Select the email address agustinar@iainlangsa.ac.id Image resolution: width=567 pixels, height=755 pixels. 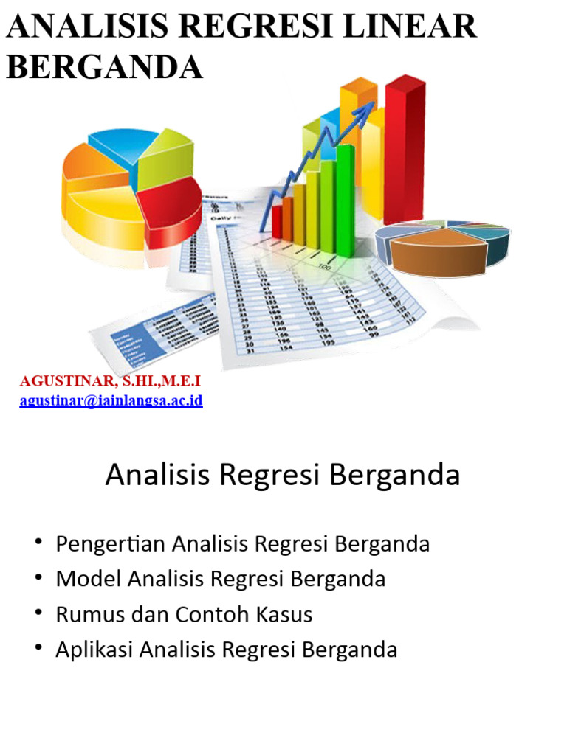[x=111, y=401]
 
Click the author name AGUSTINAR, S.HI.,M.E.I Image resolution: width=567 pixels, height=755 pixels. [x=109, y=381]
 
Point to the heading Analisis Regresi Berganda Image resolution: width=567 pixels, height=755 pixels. [x=283, y=476]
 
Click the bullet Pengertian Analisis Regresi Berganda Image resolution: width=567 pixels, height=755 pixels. [x=242, y=544]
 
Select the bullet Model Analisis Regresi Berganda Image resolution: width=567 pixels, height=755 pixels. [x=220, y=579]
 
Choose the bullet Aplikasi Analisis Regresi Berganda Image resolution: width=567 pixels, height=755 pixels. [x=226, y=650]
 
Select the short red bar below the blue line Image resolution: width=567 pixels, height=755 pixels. [x=277, y=221]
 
